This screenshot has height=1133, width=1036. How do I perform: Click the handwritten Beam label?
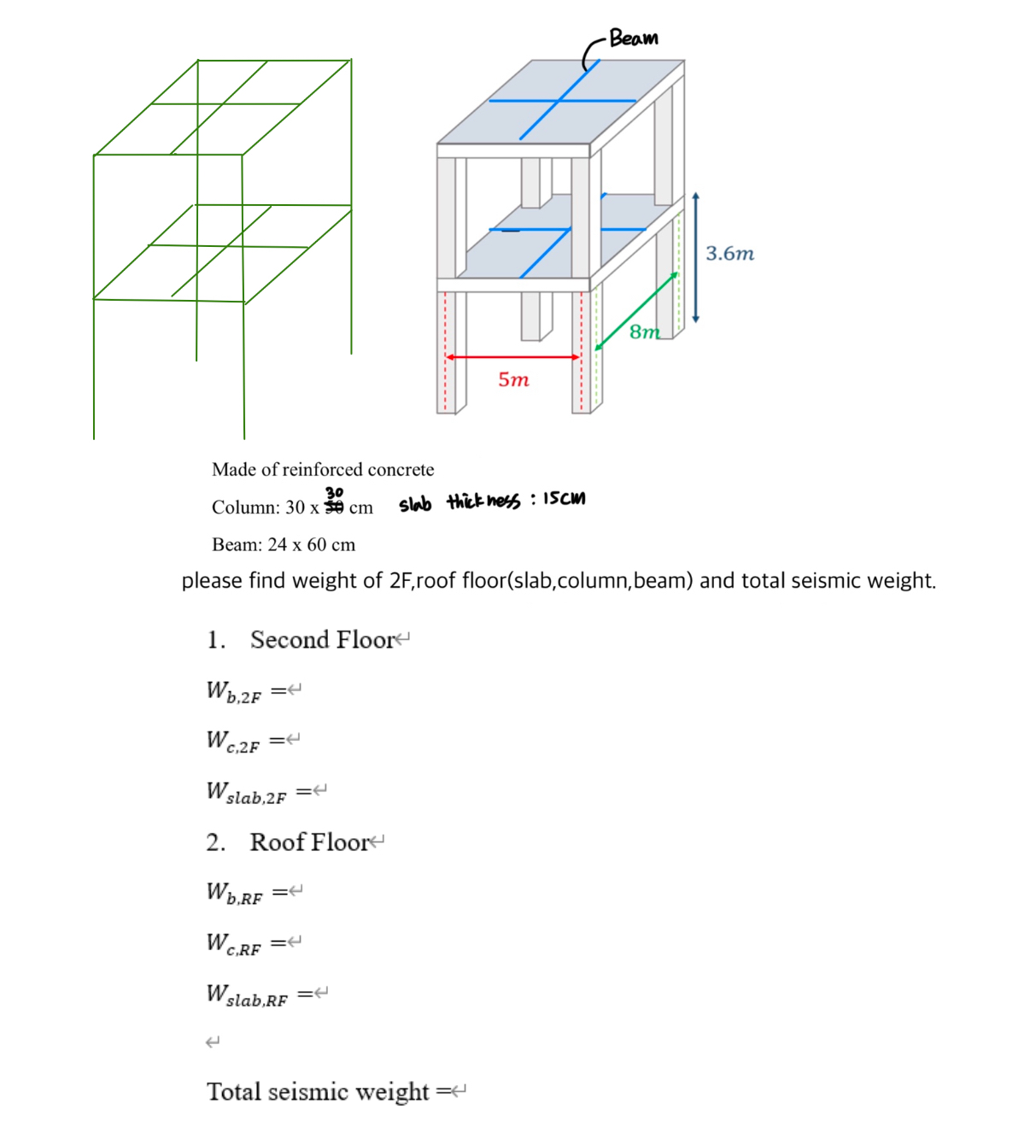(x=634, y=38)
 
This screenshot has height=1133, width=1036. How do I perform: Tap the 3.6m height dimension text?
(x=729, y=254)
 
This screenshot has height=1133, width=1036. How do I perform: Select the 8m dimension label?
(x=645, y=332)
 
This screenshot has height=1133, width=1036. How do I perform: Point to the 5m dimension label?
(x=513, y=379)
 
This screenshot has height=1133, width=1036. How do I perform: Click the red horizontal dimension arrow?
(x=512, y=357)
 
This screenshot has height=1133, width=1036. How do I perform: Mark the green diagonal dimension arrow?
(x=635, y=312)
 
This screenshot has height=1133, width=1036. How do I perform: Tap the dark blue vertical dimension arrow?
(x=696, y=257)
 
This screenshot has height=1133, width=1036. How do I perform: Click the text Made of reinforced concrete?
(x=323, y=469)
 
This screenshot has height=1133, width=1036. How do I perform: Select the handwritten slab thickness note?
(x=492, y=502)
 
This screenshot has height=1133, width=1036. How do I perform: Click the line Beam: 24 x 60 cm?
(x=284, y=544)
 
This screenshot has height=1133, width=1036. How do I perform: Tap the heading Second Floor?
(x=322, y=640)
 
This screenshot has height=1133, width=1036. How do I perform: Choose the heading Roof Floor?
(x=309, y=842)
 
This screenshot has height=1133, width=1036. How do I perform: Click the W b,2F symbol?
(x=233, y=691)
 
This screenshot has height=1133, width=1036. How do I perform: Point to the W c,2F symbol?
(x=232, y=741)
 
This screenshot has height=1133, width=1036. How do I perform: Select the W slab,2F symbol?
(x=246, y=792)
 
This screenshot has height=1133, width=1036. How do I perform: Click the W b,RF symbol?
(x=234, y=893)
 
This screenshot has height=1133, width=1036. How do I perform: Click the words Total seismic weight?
(x=318, y=1092)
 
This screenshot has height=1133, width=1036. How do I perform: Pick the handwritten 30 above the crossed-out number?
(x=334, y=493)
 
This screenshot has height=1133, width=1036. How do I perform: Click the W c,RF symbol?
(x=233, y=943)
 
